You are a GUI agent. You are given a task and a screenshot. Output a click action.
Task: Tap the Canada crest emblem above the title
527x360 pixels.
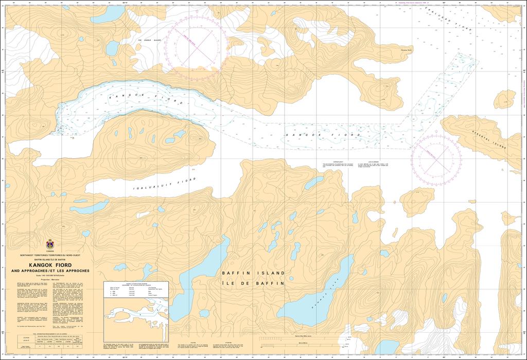click(50, 244)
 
